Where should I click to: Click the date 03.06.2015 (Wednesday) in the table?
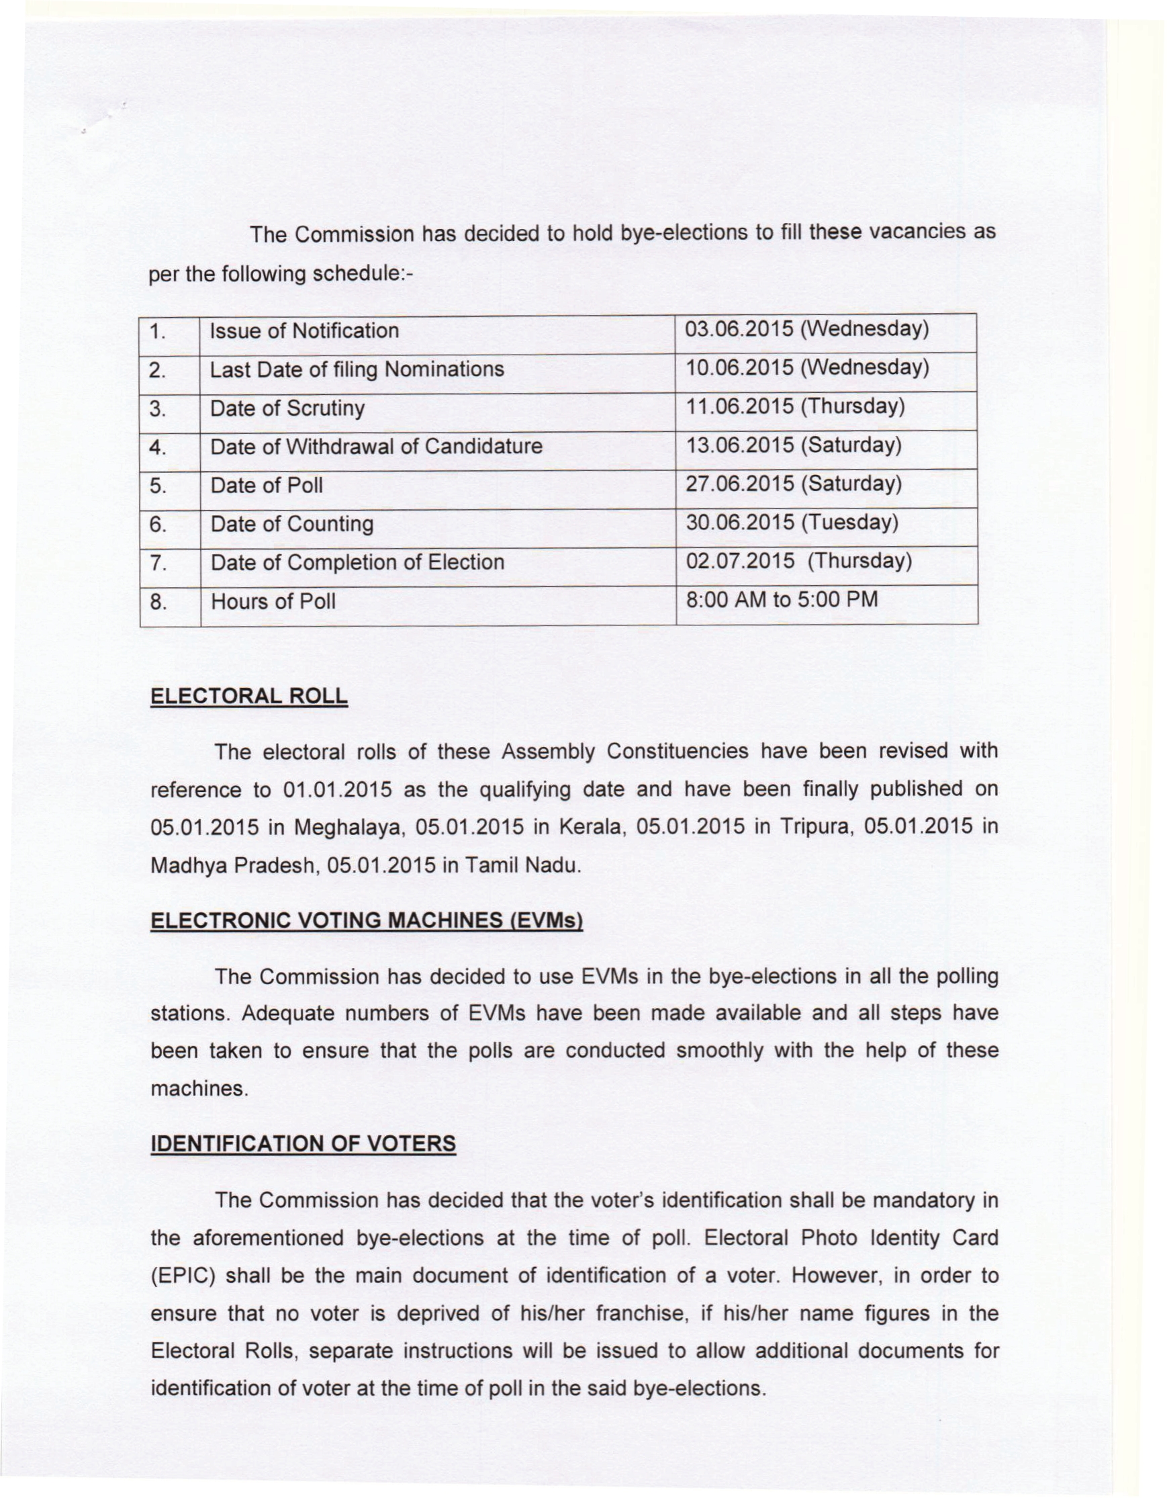pyautogui.click(x=807, y=329)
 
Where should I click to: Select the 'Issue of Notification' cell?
pyautogui.click(x=304, y=331)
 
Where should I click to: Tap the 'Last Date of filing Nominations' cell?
pyautogui.click(x=357, y=369)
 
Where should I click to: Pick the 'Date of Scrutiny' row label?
pyautogui.click(x=287, y=409)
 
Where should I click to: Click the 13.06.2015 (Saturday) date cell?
pyautogui.click(x=793, y=446)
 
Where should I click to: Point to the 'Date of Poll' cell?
pyautogui.click(x=266, y=486)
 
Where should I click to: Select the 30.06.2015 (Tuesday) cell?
pyautogui.click(x=792, y=523)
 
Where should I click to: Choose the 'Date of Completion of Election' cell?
pyautogui.click(x=357, y=562)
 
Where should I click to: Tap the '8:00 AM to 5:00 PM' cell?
pyautogui.click(x=782, y=600)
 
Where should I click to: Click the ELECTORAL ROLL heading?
pyautogui.click(x=249, y=695)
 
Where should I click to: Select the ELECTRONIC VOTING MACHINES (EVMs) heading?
pyautogui.click(x=366, y=920)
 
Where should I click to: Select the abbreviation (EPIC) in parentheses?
pyautogui.click(x=184, y=1276)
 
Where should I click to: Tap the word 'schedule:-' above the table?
pyautogui.click(x=364, y=274)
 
